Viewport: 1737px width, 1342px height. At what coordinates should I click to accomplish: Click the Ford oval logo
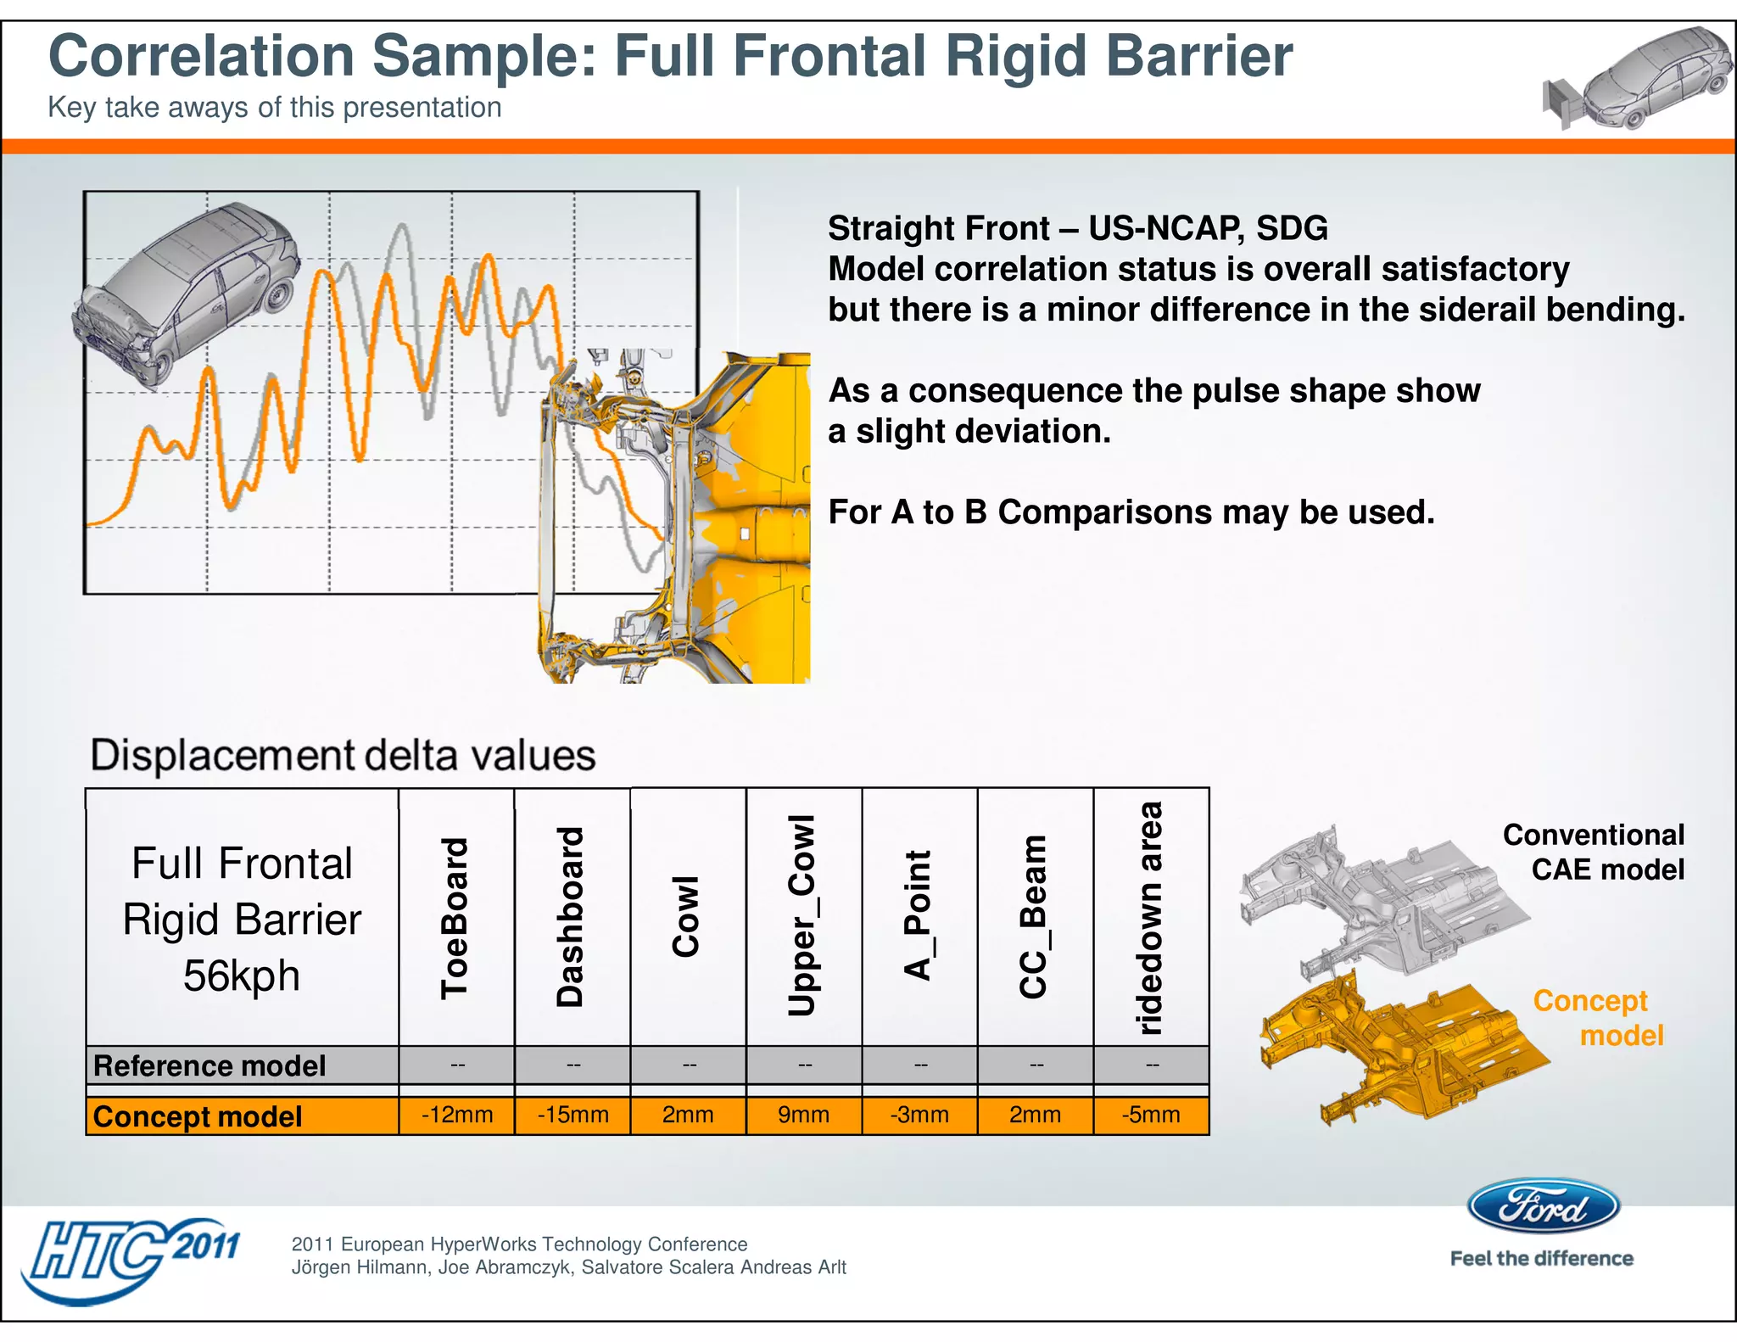1543,1205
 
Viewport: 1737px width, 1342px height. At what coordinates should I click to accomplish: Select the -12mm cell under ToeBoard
457,1115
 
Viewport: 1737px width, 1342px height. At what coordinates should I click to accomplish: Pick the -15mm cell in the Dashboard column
573,1115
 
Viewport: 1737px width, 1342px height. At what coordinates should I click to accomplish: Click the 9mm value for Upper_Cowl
804,1115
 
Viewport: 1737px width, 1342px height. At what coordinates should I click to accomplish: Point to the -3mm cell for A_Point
919,1115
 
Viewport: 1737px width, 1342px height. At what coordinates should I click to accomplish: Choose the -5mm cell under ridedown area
1151,1115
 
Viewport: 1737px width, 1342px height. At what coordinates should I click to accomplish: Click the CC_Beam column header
1035,917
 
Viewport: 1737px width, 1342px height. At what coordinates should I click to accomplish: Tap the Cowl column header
687,917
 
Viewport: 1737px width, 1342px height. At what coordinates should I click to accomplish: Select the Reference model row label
209,1065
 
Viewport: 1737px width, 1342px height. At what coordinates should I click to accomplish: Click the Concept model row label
198,1116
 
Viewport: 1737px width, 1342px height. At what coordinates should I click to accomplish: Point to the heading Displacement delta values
343,755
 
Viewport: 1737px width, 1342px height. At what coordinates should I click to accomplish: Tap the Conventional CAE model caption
1595,852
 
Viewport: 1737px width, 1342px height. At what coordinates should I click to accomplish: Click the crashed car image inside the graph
187,293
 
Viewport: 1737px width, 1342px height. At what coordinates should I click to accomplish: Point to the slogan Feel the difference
1541,1259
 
